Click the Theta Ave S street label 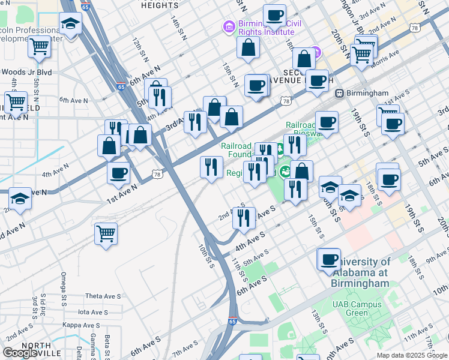103,296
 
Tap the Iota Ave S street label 92,312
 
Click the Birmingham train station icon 339,94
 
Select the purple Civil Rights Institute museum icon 229,26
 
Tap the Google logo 20,353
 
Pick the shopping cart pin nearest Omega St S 106,233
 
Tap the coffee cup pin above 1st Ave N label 119,173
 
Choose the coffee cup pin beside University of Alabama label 328,259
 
